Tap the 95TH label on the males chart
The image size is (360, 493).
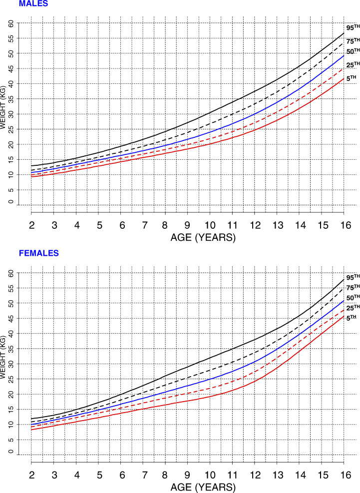(351, 27)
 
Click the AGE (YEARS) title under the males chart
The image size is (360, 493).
(187, 238)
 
